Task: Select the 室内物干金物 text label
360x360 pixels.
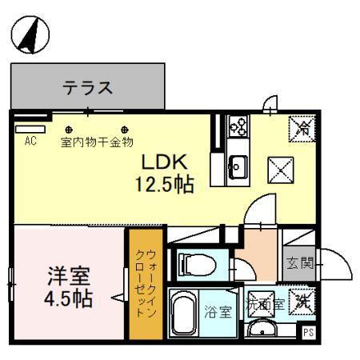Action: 98,143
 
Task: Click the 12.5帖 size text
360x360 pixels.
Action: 163,186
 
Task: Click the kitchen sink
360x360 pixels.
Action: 237,166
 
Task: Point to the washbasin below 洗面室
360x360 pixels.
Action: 260,328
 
